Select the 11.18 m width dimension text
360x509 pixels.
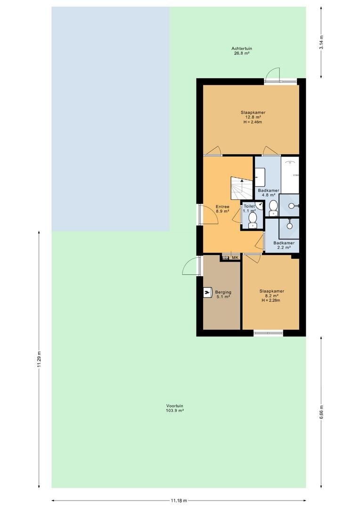pyautogui.click(x=179, y=501)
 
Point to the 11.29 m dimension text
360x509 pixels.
pyautogui.click(x=39, y=359)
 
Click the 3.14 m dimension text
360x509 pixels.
pyautogui.click(x=321, y=42)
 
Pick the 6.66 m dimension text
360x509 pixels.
pyautogui.click(x=321, y=412)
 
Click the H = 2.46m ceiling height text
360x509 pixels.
pyautogui.click(x=253, y=122)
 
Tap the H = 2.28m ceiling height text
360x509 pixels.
pyautogui.click(x=271, y=300)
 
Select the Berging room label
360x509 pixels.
pyautogui.click(x=223, y=292)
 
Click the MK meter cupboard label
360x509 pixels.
pyautogui.click(x=235, y=258)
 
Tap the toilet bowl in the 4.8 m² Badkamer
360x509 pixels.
pyautogui.click(x=273, y=206)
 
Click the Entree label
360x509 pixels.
pyautogui.click(x=223, y=206)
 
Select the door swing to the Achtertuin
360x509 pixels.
pyautogui.click(x=272, y=74)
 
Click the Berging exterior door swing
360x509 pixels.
pyautogui.click(x=189, y=266)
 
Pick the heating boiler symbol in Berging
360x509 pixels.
pyautogui.click(x=207, y=293)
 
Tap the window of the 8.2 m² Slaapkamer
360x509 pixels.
pyautogui.click(x=268, y=333)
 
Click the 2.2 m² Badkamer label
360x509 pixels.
pyautogui.click(x=284, y=245)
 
